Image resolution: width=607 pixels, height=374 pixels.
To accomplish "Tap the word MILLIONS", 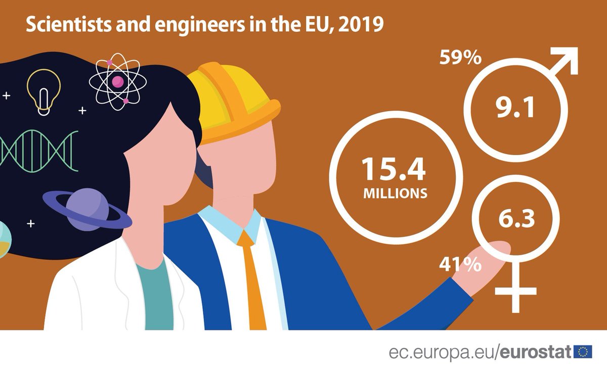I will tap(395, 193).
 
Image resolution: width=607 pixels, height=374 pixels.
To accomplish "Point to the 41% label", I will tap(460, 264).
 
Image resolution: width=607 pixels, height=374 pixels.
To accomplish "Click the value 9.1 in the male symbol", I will tap(515, 108).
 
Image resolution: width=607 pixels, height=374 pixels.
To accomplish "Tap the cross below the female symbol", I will tap(515, 291).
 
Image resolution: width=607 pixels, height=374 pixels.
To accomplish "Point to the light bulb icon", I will tap(44, 91).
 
